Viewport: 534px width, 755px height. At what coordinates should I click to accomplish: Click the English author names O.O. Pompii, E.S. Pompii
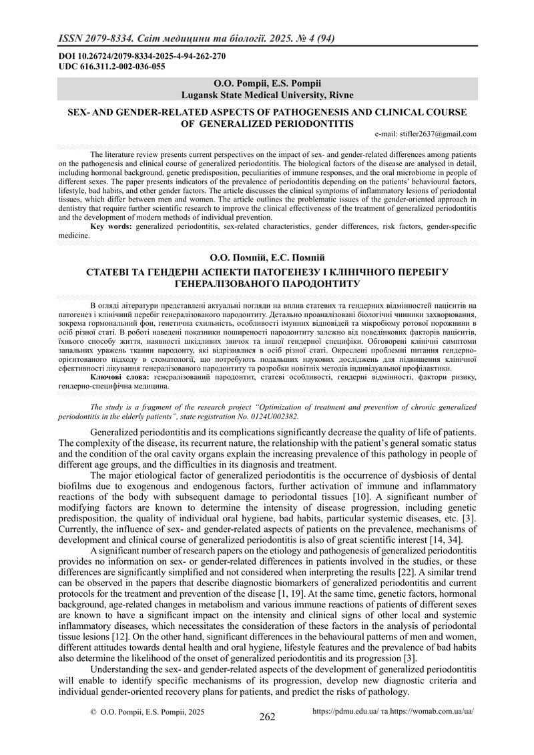click(266, 83)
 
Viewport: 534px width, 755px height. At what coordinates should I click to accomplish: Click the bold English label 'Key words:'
click(111, 227)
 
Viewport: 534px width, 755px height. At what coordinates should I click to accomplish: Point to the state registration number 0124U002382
click(274, 415)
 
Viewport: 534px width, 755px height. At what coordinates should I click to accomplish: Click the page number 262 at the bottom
click(267, 718)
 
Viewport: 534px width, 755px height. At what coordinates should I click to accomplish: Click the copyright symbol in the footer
click(93, 712)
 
